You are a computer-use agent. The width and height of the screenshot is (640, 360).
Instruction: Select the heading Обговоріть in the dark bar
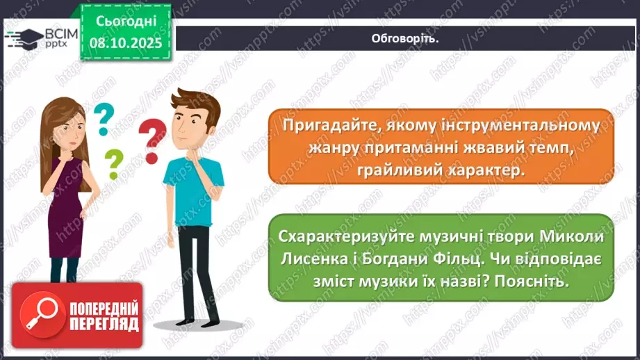tap(405, 38)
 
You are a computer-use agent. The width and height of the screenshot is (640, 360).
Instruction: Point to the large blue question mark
tap(103, 118)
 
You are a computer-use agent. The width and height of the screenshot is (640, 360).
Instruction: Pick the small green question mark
tap(113, 164)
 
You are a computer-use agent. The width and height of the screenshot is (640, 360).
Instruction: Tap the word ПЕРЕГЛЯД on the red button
tap(104, 325)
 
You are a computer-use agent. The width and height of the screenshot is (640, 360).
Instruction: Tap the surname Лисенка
tap(313, 259)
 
